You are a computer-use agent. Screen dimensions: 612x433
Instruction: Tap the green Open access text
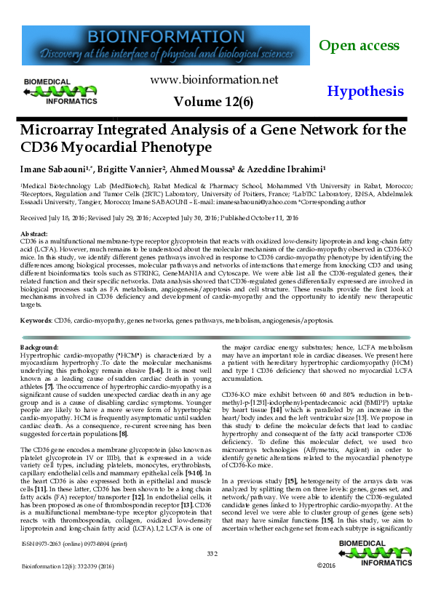(x=359, y=46)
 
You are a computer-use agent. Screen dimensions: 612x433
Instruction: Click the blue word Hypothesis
(x=365, y=92)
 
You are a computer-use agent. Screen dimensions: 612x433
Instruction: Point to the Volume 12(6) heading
(x=213, y=102)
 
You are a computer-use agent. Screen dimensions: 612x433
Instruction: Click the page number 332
(x=212, y=553)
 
